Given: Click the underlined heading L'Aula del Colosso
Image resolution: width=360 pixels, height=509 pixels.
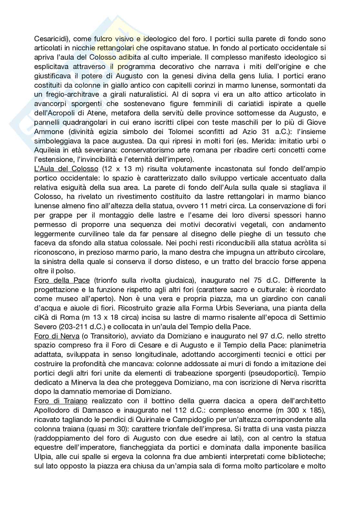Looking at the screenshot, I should [x=66, y=169].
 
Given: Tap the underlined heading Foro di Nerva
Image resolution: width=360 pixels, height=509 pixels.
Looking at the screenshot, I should [x=57, y=336].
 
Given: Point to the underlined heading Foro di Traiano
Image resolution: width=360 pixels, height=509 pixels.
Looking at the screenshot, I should [x=61, y=401].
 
